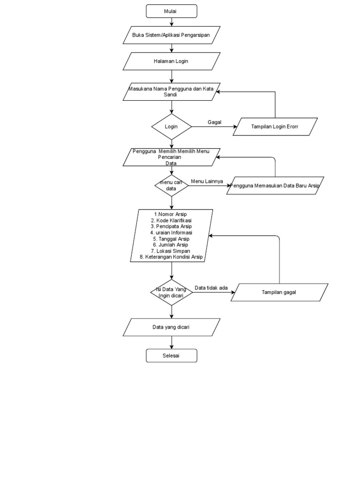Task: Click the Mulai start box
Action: [172, 11]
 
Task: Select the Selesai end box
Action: [172, 356]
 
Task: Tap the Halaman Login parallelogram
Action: [172, 61]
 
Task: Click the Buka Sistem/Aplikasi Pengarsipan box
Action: [172, 35]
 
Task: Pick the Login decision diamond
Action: [172, 127]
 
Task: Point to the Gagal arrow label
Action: [215, 122]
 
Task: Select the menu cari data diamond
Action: [172, 185]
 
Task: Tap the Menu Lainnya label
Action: [207, 181]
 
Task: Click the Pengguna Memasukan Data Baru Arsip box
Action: [275, 186]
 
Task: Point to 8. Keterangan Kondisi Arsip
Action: [172, 257]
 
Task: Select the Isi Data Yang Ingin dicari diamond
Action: [172, 292]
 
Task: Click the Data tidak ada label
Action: [211, 288]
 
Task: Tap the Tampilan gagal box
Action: [279, 292]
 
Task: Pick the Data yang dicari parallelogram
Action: [172, 327]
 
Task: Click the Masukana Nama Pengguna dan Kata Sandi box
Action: [172, 91]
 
